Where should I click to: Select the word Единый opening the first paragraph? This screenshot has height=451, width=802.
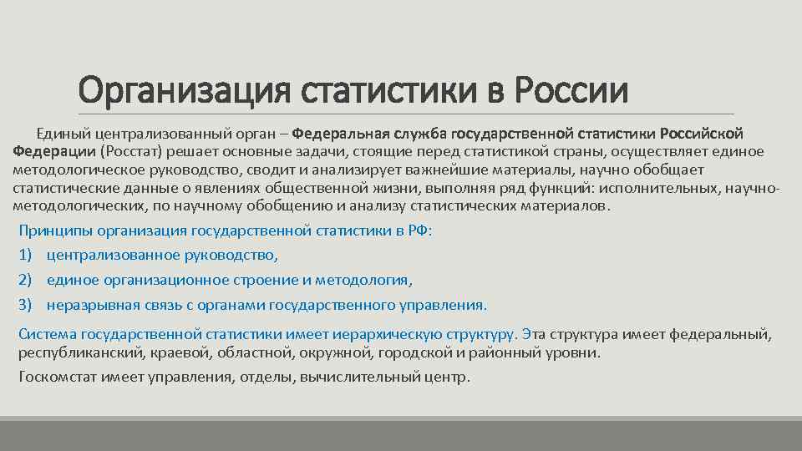tap(62, 134)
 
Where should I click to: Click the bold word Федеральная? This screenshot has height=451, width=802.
tap(342, 134)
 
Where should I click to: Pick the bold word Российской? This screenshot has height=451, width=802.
tap(702, 134)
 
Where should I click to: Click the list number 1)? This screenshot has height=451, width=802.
tap(25, 255)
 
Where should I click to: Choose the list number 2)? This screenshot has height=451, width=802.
tap(25, 280)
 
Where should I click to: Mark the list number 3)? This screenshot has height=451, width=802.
tap(25, 305)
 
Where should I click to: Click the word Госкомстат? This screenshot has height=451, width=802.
tap(55, 377)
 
